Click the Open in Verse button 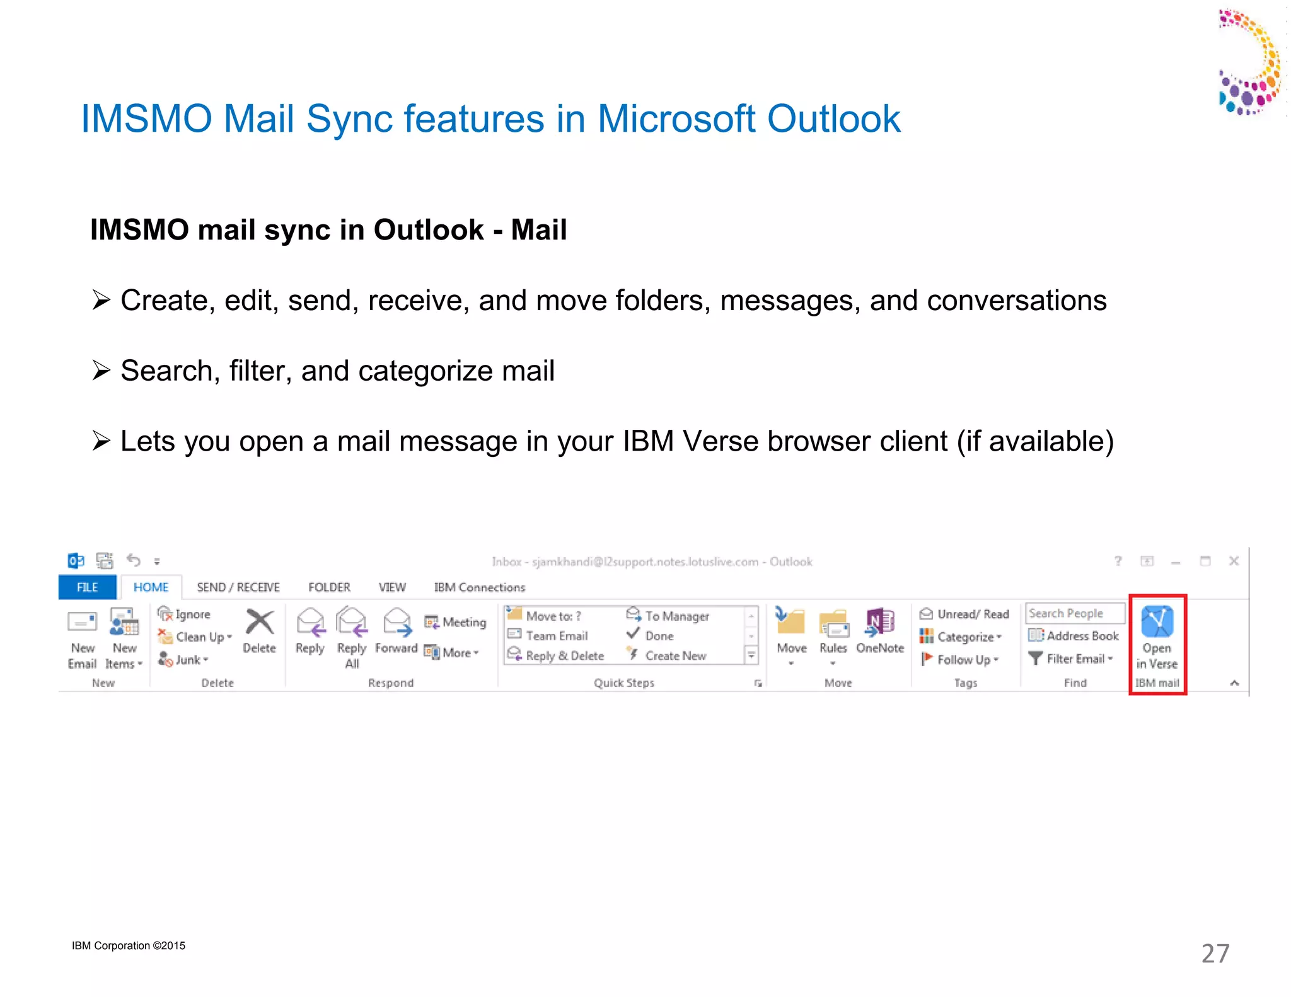1157,637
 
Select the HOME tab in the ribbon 151,587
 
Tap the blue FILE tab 87,587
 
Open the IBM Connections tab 479,587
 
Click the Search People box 1074,613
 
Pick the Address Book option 1074,636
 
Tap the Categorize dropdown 961,637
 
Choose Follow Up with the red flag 960,660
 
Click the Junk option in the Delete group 183,660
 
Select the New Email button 82,637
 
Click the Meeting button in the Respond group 456,623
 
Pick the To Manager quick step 668,616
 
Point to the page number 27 1215,954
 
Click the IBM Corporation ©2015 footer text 129,945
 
